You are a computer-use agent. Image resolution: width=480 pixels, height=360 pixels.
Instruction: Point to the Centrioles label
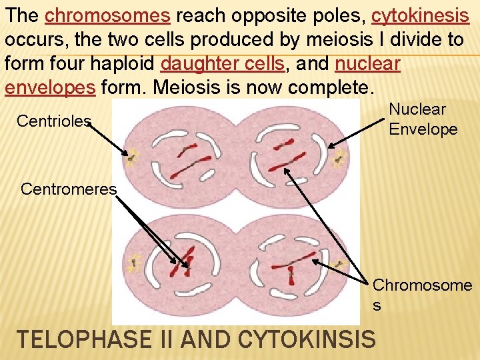pyautogui.click(x=53, y=121)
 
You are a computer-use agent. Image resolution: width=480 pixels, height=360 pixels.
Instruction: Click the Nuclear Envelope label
pyautogui.click(x=423, y=119)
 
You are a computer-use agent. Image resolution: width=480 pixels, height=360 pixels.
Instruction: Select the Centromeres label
pyautogui.click(x=69, y=189)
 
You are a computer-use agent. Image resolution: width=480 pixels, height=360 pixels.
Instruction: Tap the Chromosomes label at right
pyautogui.click(x=422, y=294)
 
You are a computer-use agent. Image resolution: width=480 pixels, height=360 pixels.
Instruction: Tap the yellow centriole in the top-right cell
pyautogui.click(x=340, y=159)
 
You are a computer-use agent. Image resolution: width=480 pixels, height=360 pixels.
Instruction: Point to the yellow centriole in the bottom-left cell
pyautogui.click(x=134, y=263)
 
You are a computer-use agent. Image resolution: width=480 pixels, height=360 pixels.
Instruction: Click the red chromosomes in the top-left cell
pyautogui.click(x=187, y=155)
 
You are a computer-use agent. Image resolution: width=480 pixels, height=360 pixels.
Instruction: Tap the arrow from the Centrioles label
pyautogui.click(x=110, y=139)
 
